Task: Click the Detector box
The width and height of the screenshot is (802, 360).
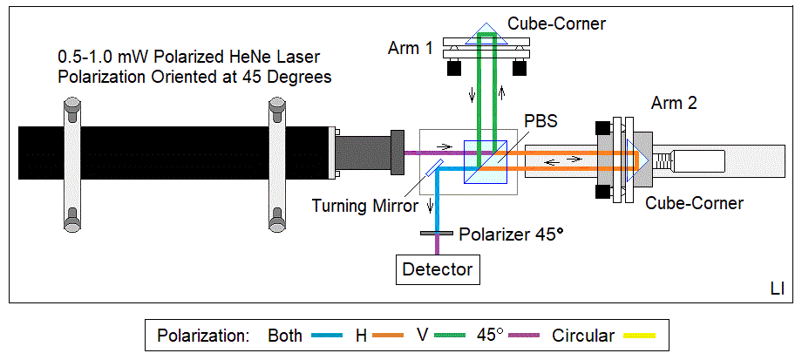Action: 437,269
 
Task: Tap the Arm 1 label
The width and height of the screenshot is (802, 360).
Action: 410,48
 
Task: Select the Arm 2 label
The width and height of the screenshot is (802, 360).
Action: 674,104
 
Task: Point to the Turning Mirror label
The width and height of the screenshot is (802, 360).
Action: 361,206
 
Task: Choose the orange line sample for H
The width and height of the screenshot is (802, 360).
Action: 391,336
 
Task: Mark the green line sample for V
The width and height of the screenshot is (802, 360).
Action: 454,336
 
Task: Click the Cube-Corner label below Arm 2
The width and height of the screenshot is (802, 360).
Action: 694,203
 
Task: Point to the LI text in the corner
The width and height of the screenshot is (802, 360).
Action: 777,288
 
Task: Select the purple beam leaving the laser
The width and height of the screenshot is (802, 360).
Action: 436,154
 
